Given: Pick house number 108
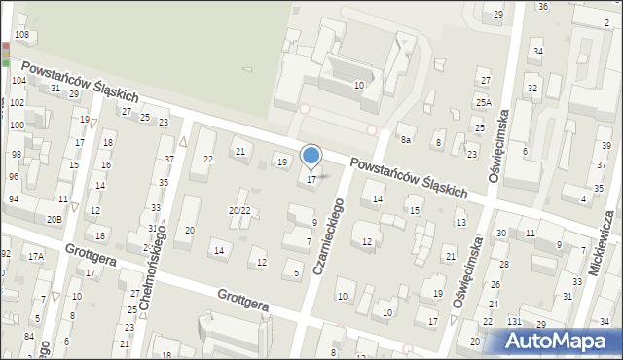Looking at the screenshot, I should tap(21, 35).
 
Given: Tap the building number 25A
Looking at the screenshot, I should tap(484, 102).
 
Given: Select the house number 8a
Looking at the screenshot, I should tap(407, 140).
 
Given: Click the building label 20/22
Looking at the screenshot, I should tap(239, 210).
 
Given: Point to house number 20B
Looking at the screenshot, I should tap(54, 219).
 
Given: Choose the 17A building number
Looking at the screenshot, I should tap(36, 256).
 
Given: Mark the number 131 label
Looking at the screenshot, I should tap(514, 322).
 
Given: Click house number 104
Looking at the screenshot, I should tap(18, 80).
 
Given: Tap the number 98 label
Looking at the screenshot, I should tap(16, 155).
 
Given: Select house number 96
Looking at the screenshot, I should tap(14, 176).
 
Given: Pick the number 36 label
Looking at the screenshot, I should tap(542, 7).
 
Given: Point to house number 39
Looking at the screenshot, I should tap(605, 146).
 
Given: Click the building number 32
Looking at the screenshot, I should tap(532, 89).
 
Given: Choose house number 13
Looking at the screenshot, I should tap(460, 223).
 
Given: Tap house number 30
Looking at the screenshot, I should tap(500, 234).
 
